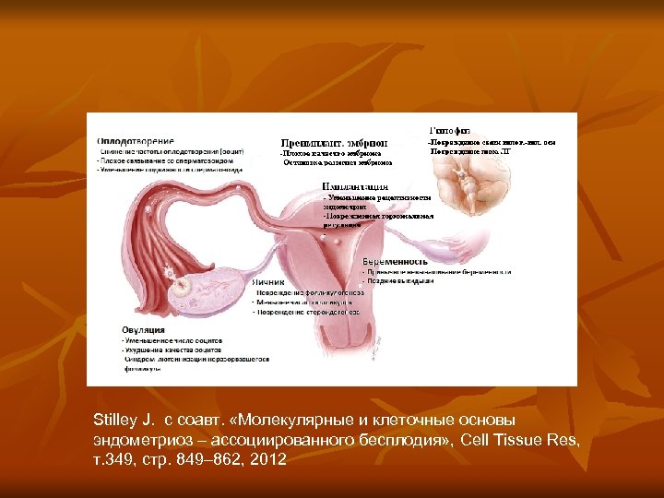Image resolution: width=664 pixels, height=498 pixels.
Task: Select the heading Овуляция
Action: [x=143, y=329]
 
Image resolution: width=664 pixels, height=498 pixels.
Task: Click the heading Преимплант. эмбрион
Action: [x=334, y=142]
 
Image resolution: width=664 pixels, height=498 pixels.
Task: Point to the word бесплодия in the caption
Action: [x=404, y=439]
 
